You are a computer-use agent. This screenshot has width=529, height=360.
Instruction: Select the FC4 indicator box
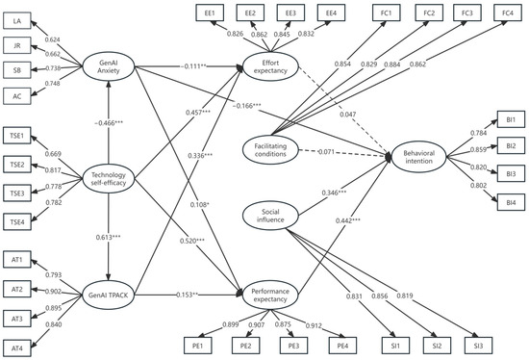click(504, 12)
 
